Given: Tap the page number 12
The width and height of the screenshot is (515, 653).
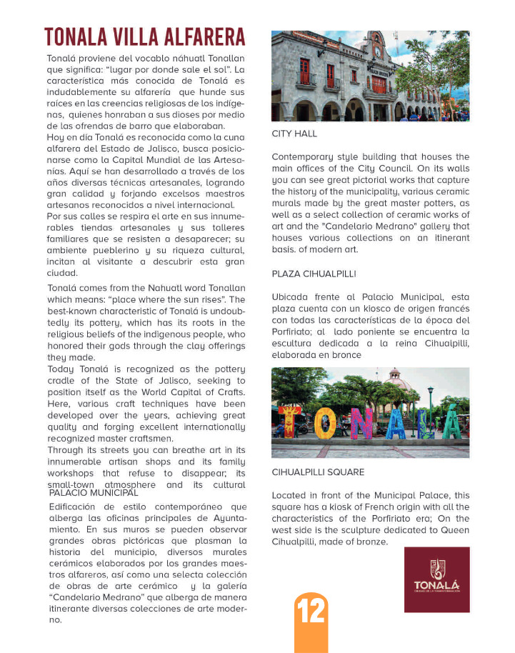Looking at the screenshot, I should [311, 612].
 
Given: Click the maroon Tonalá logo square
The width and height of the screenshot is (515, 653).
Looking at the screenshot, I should [436, 579].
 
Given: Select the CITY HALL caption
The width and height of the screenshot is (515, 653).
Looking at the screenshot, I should [294, 134].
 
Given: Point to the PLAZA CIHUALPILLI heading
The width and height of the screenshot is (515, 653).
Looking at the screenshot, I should [314, 274].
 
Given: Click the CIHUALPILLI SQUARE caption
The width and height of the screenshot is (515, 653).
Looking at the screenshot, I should [318, 472].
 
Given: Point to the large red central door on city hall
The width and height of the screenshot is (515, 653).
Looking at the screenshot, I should [379, 85].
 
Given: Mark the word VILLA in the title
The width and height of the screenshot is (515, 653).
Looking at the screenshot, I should [135, 37].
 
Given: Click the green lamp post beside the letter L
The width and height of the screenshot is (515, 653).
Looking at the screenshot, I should [430, 407].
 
